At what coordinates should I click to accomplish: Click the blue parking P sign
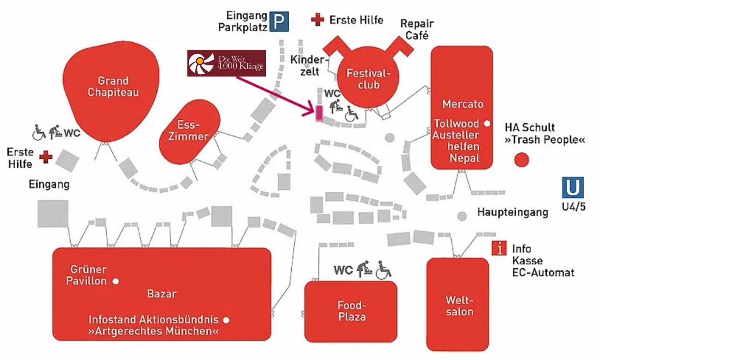(279, 21)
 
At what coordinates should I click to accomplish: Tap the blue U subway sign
(573, 188)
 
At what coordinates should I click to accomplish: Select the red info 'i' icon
(499, 248)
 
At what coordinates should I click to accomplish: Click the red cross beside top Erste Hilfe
(317, 19)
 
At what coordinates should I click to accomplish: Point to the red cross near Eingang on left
(46, 157)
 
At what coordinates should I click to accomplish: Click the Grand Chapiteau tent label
(113, 87)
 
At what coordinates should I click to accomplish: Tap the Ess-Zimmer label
(188, 131)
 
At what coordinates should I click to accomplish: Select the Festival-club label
(368, 79)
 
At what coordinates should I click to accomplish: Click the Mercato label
(462, 104)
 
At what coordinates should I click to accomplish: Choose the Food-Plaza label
(351, 311)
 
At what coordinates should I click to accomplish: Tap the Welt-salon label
(459, 306)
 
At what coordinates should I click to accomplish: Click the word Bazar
(162, 294)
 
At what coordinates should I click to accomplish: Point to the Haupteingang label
(512, 212)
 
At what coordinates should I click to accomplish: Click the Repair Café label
(417, 29)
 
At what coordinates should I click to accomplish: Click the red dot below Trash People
(521, 160)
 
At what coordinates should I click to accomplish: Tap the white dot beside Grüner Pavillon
(116, 281)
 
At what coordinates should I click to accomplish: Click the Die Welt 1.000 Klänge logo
(226, 63)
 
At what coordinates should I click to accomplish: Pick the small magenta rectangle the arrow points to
(319, 113)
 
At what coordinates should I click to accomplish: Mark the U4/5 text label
(573, 207)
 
